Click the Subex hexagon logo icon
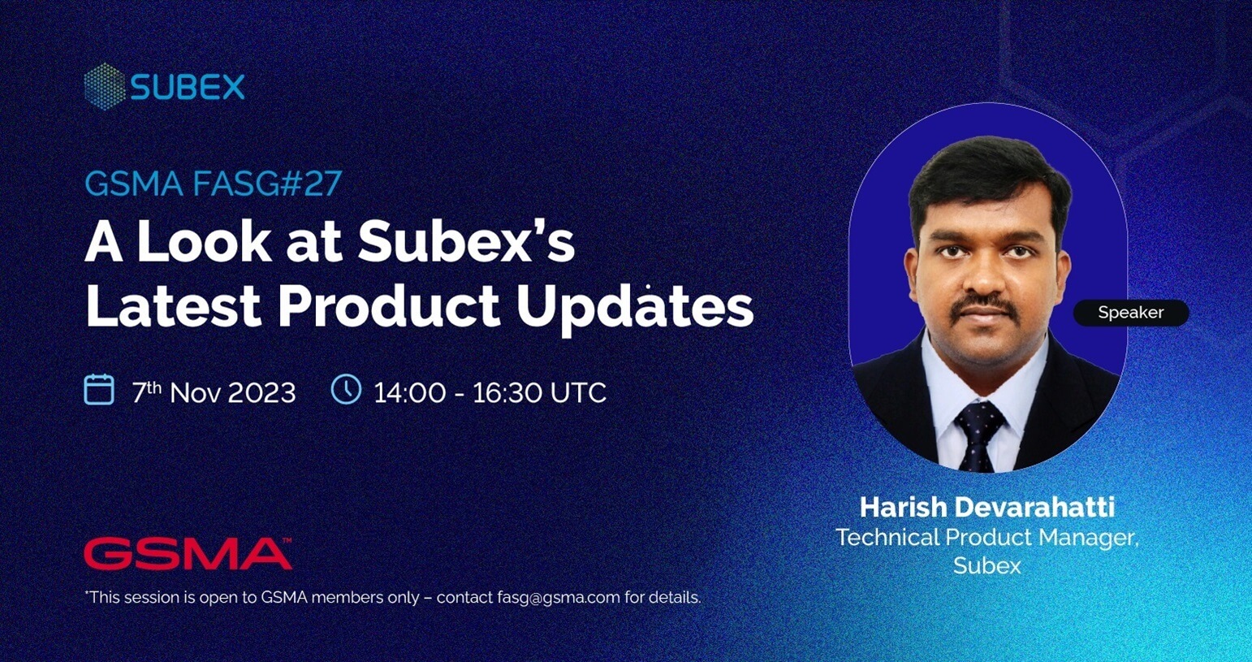point(104,87)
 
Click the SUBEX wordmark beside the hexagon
point(188,87)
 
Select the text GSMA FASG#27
point(213,184)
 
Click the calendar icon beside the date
point(99,389)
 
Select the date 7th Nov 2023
point(214,392)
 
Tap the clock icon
point(346,388)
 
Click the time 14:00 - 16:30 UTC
point(490,392)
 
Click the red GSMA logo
point(188,553)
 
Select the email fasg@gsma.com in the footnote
point(559,598)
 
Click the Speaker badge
point(1131,313)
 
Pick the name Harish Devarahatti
point(987,507)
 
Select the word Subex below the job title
point(987,565)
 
